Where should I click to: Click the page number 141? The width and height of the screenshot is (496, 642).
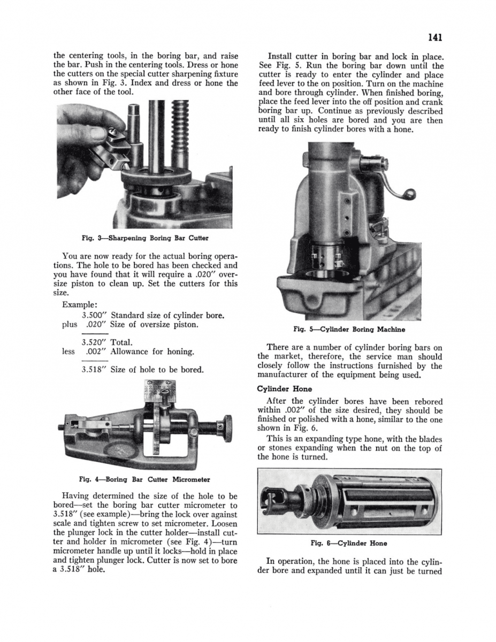(433, 37)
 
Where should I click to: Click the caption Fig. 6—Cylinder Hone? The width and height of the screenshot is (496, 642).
(349, 543)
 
